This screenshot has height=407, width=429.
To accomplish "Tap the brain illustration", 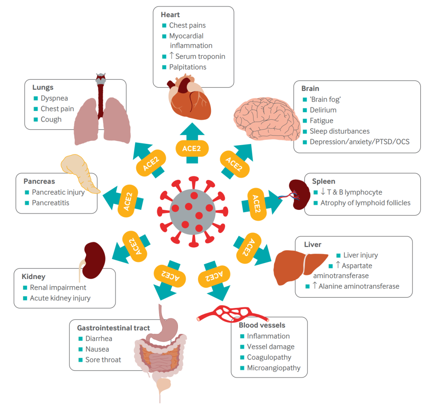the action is tap(267, 119).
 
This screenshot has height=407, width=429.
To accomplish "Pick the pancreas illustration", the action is tap(79, 173).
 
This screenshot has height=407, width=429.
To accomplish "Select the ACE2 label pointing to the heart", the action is tap(192, 149).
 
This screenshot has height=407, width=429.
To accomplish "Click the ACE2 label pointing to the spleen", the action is tap(256, 204).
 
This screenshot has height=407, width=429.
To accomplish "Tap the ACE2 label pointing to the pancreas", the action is tap(128, 201).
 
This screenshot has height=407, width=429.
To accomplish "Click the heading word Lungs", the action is tap(43, 87).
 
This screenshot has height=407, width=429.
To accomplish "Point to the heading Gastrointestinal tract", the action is tap(113, 328).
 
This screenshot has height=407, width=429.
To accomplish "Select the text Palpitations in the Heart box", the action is tap(187, 67).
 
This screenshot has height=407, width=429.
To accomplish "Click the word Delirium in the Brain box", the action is tap(323, 110).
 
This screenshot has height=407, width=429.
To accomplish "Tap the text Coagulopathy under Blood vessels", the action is tap(269, 357).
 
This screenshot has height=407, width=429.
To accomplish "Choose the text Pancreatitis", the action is tap(50, 203).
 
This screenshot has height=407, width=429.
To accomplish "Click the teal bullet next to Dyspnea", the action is tap(36, 98).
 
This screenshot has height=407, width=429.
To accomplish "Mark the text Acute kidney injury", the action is tap(60, 298).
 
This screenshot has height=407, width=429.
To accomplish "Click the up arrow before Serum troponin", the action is tap(172, 56).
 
